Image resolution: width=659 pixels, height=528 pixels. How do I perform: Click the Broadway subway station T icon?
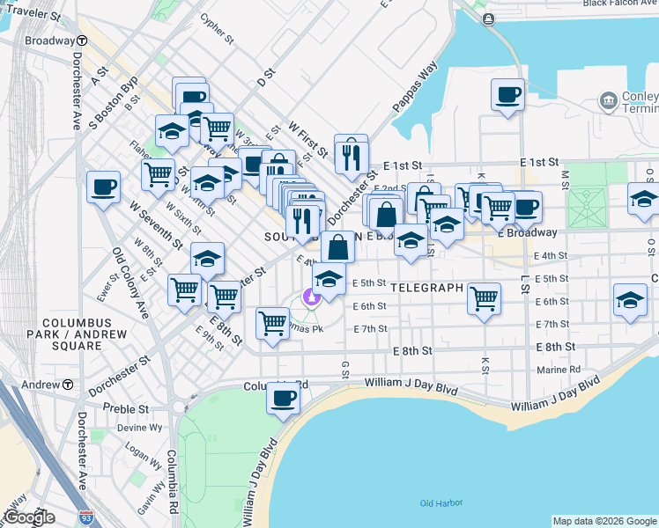(x=81, y=40)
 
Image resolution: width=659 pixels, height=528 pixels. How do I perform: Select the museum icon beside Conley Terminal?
(x=608, y=101)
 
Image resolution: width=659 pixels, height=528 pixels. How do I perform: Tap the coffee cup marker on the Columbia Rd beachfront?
(x=283, y=398)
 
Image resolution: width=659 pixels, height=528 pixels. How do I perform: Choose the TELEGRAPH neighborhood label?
(x=426, y=288)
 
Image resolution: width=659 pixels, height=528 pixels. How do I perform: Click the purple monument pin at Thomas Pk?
(x=310, y=297)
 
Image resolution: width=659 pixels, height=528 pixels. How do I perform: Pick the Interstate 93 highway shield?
(x=85, y=518)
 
